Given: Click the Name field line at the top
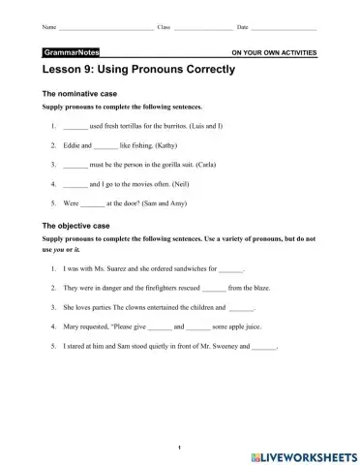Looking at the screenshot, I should click(x=105, y=28).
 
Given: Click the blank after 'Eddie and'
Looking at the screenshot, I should click(x=105, y=145).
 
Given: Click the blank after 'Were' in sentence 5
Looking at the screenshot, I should click(x=91, y=202).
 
